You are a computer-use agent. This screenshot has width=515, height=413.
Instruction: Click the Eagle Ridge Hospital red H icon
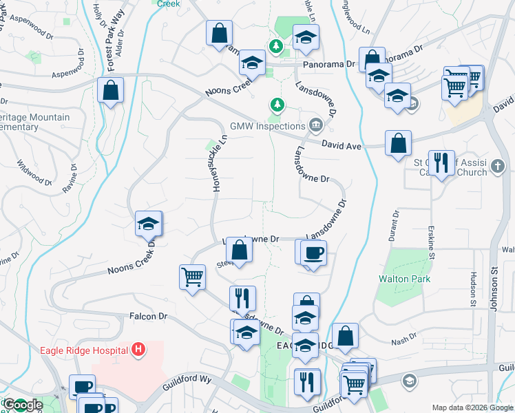click(x=139, y=350)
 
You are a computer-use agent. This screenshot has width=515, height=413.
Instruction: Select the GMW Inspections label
click(x=267, y=127)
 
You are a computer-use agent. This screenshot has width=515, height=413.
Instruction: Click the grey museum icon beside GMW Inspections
click(x=316, y=125)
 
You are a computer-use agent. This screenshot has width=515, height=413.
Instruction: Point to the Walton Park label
click(x=405, y=279)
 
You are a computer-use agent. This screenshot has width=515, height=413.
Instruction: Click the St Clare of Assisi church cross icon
click(x=498, y=166)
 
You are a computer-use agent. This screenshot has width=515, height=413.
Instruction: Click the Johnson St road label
click(x=494, y=289)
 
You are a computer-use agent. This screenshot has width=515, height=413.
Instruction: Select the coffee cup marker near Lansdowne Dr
click(x=313, y=252)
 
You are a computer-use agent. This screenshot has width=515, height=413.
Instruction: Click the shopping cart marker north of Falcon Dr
click(x=192, y=277)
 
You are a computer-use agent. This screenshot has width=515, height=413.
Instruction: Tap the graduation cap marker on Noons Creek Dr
click(x=149, y=223)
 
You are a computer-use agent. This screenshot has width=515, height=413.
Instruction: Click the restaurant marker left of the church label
click(x=441, y=162)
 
